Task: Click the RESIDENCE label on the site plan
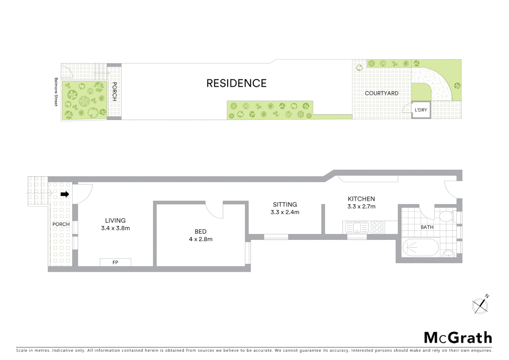[237, 83]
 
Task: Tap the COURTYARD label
[381, 93]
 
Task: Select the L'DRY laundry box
[421, 110]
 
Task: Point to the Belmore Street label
[56, 92]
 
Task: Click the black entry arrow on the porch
[65, 194]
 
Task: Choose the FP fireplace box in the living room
[115, 262]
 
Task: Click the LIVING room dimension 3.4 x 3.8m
[115, 228]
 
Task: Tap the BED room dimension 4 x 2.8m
[201, 239]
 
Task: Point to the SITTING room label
[285, 205]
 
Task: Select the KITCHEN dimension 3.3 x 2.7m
[361, 206]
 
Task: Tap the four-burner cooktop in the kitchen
[377, 228]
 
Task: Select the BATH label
[427, 227]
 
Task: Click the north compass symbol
[480, 305]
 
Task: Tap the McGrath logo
[458, 338]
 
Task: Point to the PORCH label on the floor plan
[61, 224]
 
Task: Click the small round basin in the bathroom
[449, 253]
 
